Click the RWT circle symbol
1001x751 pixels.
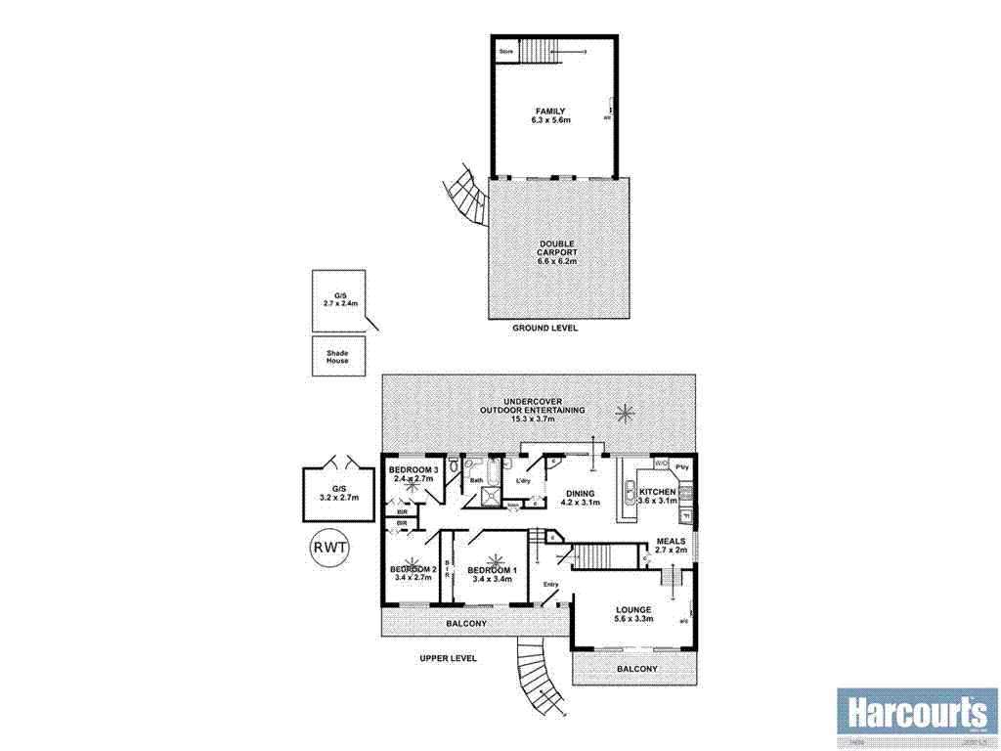329,547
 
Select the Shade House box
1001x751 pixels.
338,356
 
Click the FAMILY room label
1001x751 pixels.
553,110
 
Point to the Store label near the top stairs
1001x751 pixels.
506,51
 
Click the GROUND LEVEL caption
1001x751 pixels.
545,329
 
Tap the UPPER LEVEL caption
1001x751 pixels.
448,659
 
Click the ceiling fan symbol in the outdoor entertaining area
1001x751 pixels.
623,414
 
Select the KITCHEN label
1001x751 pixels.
657,491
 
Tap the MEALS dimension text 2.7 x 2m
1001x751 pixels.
672,551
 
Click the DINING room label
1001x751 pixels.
581,493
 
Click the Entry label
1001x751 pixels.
550,586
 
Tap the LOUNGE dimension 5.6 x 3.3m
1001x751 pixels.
633,619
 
